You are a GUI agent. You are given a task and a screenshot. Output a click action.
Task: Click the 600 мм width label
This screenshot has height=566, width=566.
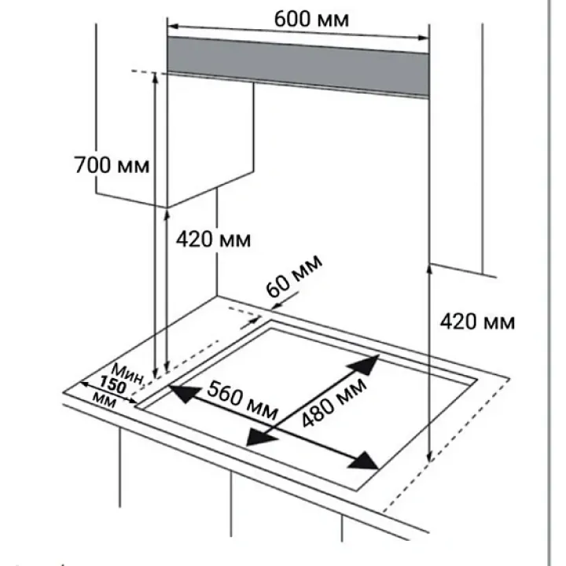(311, 17)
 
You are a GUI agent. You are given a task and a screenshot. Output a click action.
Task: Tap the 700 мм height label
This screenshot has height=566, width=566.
(111, 166)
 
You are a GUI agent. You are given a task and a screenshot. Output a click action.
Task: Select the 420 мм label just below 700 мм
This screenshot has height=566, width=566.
(214, 238)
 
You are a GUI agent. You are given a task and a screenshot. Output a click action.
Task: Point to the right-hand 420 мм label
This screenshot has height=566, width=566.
(477, 322)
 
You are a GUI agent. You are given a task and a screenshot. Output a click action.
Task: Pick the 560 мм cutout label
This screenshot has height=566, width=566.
(241, 399)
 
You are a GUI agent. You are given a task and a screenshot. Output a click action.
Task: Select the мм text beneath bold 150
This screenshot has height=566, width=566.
(103, 400)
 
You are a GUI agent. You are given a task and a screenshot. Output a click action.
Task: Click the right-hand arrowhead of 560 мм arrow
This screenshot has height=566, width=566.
(363, 461)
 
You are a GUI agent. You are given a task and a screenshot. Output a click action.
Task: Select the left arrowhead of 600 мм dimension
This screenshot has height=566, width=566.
(172, 24)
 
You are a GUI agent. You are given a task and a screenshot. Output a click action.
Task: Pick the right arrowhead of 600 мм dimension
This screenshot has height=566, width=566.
(424, 35)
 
